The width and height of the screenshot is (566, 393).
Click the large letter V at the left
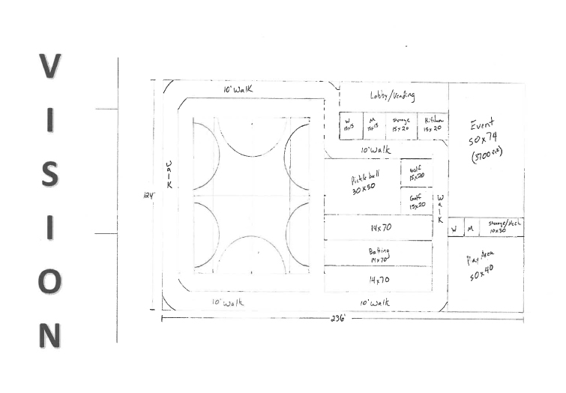coord(49,68)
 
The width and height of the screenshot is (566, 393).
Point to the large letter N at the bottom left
coord(49,335)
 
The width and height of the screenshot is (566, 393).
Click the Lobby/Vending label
coord(392,96)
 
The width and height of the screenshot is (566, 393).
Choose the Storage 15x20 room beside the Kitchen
coord(401,124)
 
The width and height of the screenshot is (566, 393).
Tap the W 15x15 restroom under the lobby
coord(349,124)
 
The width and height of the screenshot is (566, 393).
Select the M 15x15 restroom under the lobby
coord(372,124)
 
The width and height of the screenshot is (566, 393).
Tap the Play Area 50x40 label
coord(484,268)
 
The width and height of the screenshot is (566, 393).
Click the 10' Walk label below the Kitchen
coord(376,151)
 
